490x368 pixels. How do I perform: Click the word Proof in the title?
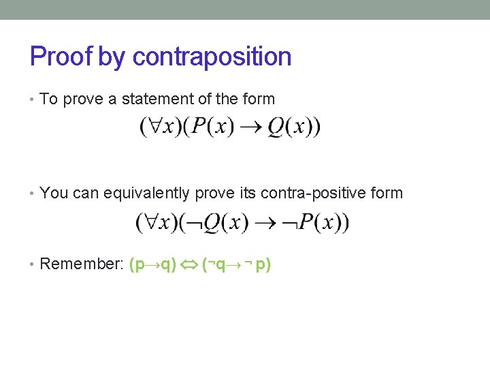click(61, 56)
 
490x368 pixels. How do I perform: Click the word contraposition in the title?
click(212, 56)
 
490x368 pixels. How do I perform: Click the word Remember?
click(79, 264)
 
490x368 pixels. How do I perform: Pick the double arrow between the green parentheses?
click(188, 264)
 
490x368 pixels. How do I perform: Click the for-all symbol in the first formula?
click(153, 127)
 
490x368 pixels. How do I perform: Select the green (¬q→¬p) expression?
click(236, 264)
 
